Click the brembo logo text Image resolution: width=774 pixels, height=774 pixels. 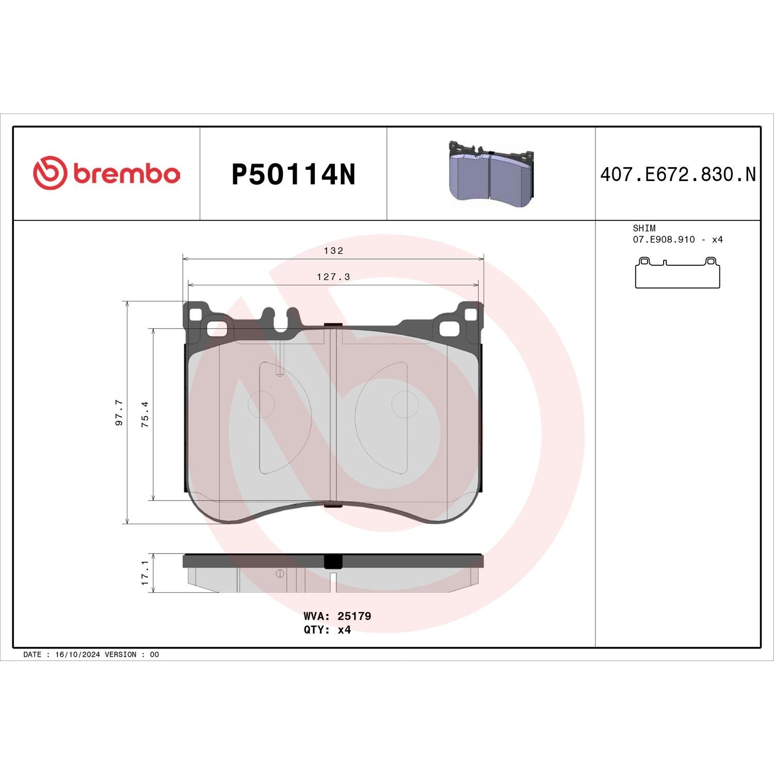pyautogui.click(x=126, y=174)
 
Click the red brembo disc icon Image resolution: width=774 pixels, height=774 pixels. pyautogui.click(x=50, y=172)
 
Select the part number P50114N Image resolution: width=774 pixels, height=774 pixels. pyautogui.click(x=293, y=175)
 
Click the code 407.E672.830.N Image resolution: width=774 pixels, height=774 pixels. pyautogui.click(x=678, y=175)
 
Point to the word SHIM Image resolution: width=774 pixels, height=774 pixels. pyautogui.click(x=644, y=228)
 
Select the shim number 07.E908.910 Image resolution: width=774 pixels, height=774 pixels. pyautogui.click(x=664, y=240)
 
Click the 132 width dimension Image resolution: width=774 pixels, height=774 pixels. pyautogui.click(x=333, y=251)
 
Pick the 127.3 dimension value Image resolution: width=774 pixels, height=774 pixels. pyautogui.click(x=333, y=277)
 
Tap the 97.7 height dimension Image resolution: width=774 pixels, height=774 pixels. pyautogui.click(x=119, y=412)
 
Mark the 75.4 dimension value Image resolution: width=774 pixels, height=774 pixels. pyautogui.click(x=146, y=414)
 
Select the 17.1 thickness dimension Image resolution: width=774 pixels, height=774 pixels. pyautogui.click(x=146, y=573)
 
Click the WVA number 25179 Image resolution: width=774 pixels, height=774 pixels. pyautogui.click(x=354, y=616)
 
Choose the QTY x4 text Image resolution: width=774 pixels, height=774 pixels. pyautogui.click(x=327, y=630)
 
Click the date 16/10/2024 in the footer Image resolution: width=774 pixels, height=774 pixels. pyautogui.click(x=77, y=654)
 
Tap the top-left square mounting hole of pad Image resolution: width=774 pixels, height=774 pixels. pyautogui.click(x=197, y=314)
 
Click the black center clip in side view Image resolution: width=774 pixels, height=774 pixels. pyautogui.click(x=333, y=561)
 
